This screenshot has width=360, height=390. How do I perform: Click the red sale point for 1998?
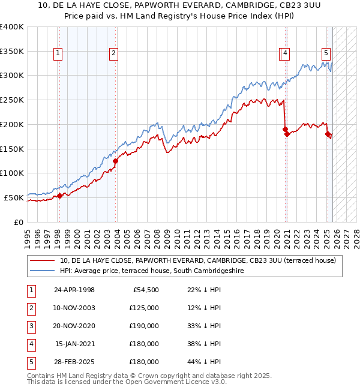(59, 196)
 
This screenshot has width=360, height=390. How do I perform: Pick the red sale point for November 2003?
(115, 161)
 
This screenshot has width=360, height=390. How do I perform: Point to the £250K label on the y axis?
(12, 100)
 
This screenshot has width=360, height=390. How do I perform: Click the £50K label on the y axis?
(14, 197)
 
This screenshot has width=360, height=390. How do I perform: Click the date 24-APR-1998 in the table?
(74, 290)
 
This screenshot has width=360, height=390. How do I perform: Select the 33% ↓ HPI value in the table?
(205, 326)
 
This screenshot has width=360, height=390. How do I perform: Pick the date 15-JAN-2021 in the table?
(74, 344)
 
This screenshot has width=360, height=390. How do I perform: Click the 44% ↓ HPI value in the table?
(205, 362)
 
